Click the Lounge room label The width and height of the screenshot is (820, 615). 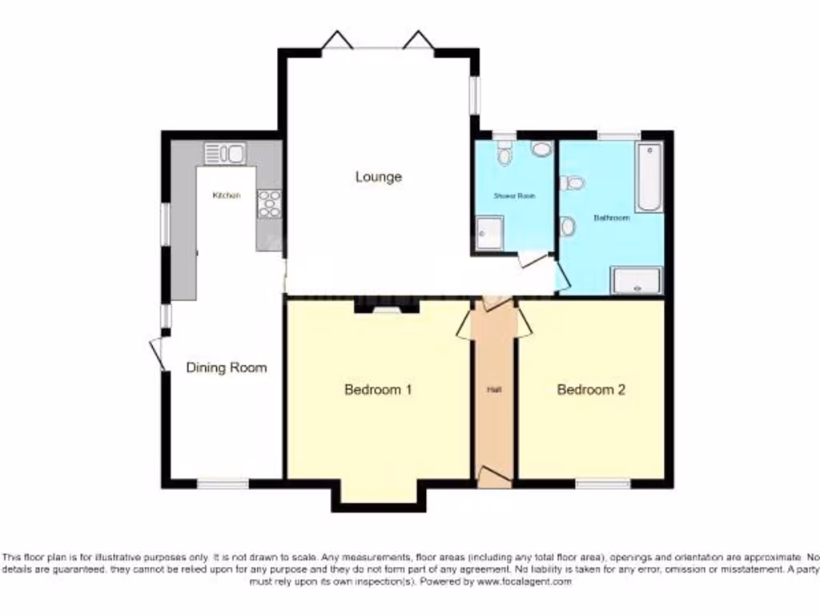pyautogui.click(x=378, y=177)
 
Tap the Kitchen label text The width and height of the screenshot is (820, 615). pyautogui.click(x=226, y=195)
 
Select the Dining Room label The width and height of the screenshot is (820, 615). pyautogui.click(x=226, y=368)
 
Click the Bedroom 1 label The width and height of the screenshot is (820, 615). pyautogui.click(x=378, y=390)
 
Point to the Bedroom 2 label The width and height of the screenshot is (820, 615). pyautogui.click(x=591, y=390)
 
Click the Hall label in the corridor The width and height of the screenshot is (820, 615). pyautogui.click(x=494, y=390)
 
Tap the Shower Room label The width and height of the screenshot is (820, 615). pyautogui.click(x=514, y=195)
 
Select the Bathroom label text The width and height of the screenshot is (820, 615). pyautogui.click(x=611, y=217)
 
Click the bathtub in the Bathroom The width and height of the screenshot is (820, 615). pyautogui.click(x=649, y=176)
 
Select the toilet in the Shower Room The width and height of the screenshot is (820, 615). pyautogui.click(x=505, y=154)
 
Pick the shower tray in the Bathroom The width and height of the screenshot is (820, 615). pyautogui.click(x=637, y=281)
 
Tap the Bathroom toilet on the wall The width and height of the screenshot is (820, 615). pyautogui.click(x=573, y=183)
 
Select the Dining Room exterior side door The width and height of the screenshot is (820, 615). pyautogui.click(x=158, y=353)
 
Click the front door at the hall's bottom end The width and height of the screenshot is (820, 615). pyautogui.click(x=493, y=479)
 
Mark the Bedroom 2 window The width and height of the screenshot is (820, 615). pyautogui.click(x=602, y=484)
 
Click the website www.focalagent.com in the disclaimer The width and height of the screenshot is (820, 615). pyautogui.click(x=524, y=582)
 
